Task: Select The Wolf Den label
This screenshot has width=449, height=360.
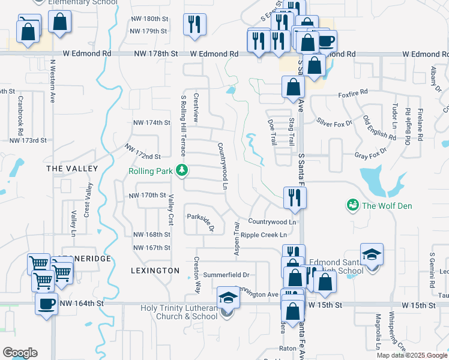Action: [387, 206]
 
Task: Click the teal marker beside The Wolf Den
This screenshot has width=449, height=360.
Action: [352, 206]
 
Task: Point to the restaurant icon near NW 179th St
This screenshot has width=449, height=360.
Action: [194, 25]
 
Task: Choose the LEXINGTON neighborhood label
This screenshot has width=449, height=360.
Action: [155, 271]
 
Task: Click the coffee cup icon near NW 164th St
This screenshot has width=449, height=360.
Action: [46, 304]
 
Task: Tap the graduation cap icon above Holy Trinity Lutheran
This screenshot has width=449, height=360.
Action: [228, 297]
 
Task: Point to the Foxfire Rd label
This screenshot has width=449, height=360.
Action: [352, 94]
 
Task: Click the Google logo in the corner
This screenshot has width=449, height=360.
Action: [20, 353]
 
